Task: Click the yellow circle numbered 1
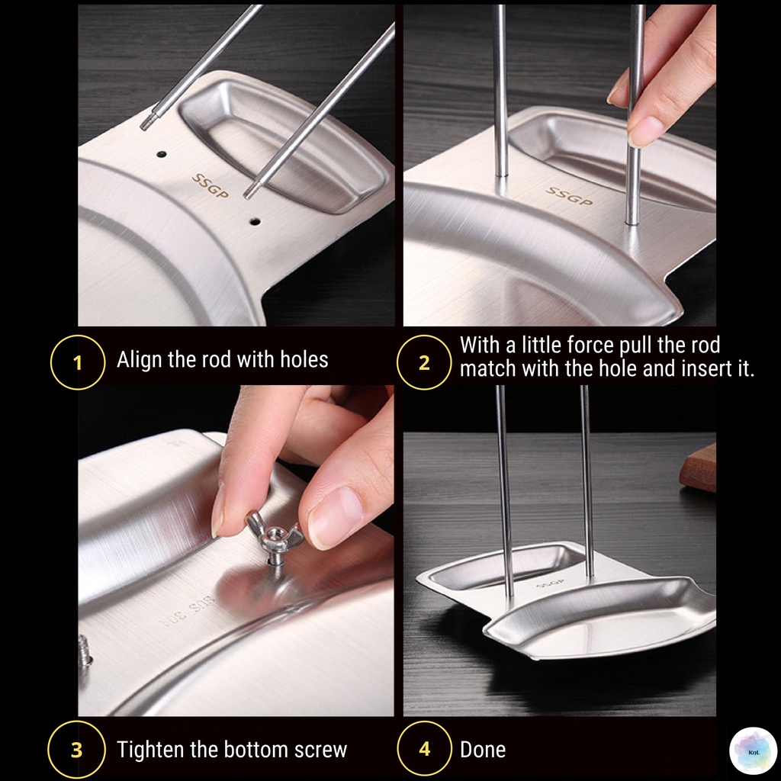[78, 362]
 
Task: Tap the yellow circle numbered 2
[424, 362]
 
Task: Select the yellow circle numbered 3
[77, 749]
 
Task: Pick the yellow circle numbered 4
[424, 749]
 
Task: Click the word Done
[483, 750]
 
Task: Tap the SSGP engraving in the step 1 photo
[211, 186]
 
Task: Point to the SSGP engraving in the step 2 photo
[569, 196]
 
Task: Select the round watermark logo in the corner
[753, 751]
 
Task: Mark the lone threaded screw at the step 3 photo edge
[85, 651]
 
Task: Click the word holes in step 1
[304, 360]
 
